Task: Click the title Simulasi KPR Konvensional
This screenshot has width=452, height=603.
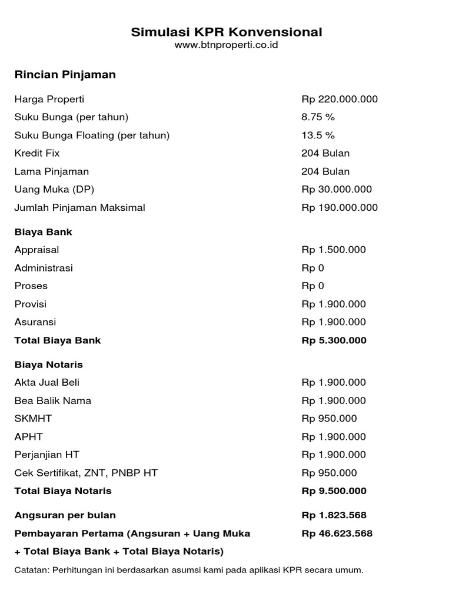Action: pyautogui.click(x=226, y=32)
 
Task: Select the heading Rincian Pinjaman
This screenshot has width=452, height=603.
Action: pyautogui.click(x=65, y=75)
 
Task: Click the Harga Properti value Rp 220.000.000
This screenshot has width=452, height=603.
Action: pyautogui.click(x=340, y=99)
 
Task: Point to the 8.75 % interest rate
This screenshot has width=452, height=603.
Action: pyautogui.click(x=318, y=117)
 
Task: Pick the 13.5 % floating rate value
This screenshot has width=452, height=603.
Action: pyautogui.click(x=318, y=135)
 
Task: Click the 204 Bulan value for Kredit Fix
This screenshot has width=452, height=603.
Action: pyautogui.click(x=325, y=153)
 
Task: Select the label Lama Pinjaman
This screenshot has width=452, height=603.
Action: pyautogui.click(x=52, y=171)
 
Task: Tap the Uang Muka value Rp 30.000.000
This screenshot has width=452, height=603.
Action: pyautogui.click(x=337, y=190)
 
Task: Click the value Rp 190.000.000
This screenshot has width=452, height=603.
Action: pyautogui.click(x=340, y=208)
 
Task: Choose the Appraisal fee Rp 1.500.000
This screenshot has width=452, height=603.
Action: pyautogui.click(x=334, y=250)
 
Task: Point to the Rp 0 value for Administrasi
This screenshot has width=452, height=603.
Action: pyautogui.click(x=313, y=268)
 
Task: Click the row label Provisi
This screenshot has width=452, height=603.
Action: pyautogui.click(x=31, y=304)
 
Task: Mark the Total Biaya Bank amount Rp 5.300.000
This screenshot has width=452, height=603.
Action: pyautogui.click(x=334, y=340)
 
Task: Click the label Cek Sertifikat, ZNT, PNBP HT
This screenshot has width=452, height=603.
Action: pyautogui.click(x=86, y=473)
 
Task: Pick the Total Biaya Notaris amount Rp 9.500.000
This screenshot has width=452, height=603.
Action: pyautogui.click(x=334, y=491)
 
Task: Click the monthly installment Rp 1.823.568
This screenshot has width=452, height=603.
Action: pyautogui.click(x=334, y=515)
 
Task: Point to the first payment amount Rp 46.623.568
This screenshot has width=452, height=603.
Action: pyautogui.click(x=337, y=534)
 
